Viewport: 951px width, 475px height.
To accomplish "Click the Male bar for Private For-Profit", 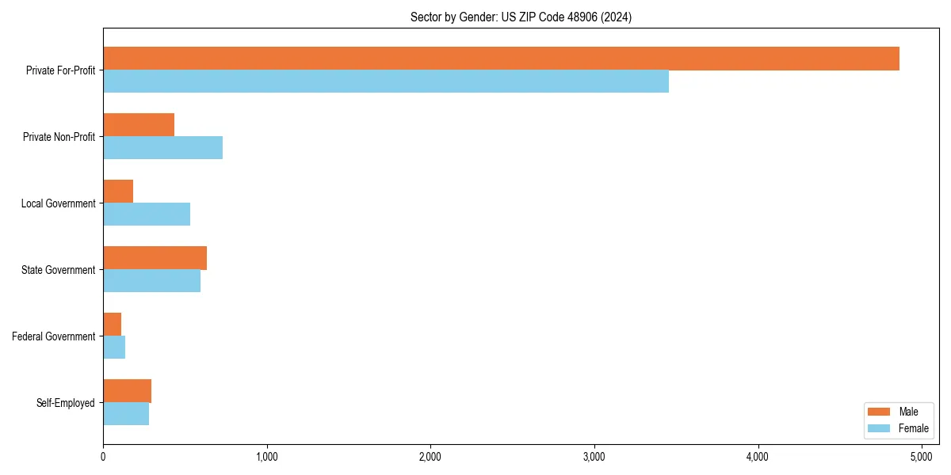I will pos(501,59).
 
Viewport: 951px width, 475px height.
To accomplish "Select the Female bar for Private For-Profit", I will pos(386,82).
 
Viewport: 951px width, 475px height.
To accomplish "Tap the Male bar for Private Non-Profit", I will pos(139,125).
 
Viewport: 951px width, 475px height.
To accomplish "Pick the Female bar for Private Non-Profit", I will pos(162,148).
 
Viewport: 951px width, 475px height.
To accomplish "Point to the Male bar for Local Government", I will pos(118,192).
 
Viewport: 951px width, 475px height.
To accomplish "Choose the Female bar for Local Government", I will pos(147,215).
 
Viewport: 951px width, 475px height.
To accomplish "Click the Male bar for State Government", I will pos(155,258).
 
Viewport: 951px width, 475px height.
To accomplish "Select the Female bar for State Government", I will pos(151,281).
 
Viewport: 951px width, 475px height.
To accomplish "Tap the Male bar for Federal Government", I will pos(112,325).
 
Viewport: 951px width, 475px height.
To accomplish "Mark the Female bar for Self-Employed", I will pos(126,414).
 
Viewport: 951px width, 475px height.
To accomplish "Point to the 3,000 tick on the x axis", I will pos(594,456).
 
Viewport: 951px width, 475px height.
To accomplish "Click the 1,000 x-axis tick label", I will pos(266,456).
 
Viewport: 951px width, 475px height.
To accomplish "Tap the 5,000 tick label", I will pos(922,456).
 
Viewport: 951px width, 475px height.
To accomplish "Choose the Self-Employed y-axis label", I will pos(65,403).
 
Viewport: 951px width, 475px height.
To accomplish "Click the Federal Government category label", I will pos(53,336).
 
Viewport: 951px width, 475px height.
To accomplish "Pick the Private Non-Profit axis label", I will pos(59,137).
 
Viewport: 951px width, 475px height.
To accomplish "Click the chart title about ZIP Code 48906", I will pos(521,17).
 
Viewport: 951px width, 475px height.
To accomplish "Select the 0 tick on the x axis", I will pos(103,456).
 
